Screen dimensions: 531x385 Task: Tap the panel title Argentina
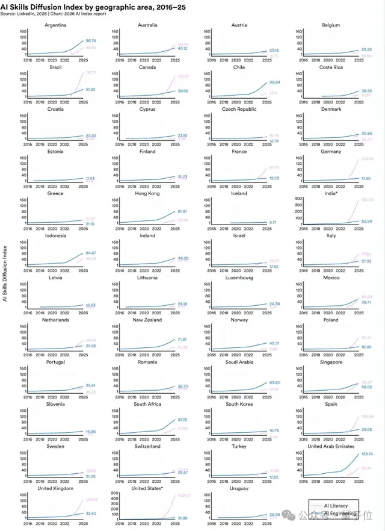(x=55, y=25)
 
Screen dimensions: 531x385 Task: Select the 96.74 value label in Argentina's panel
(x=92, y=41)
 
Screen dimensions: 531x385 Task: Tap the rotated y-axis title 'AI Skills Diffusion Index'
(x=5, y=273)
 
